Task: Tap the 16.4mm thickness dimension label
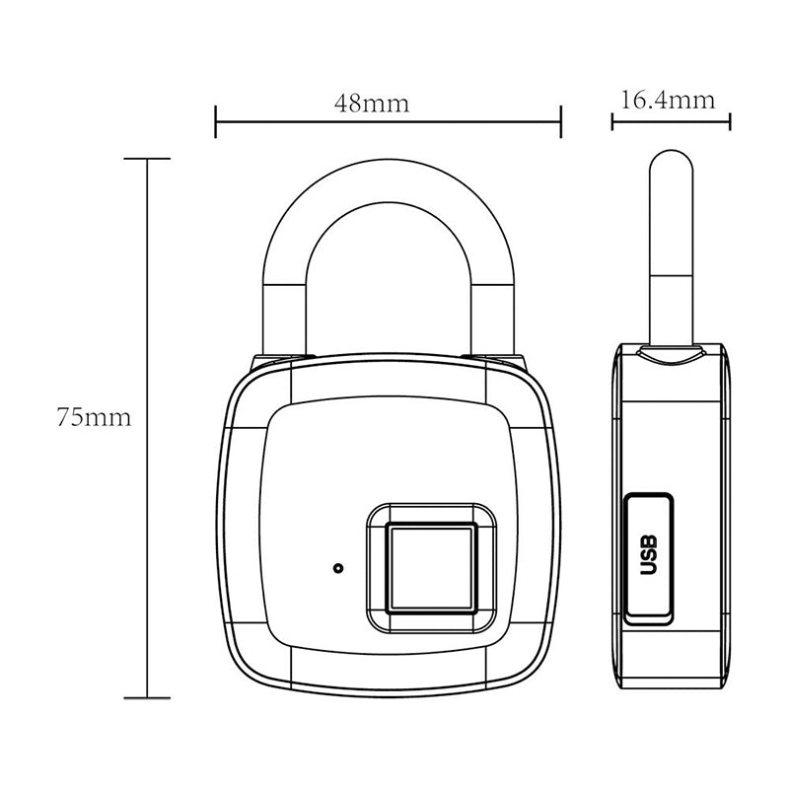668,100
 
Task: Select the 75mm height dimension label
94,417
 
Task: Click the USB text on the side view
648,554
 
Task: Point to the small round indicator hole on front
338,568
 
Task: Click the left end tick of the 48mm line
216,123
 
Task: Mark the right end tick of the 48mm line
560,123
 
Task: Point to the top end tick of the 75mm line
148,158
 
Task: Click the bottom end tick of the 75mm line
148,697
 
